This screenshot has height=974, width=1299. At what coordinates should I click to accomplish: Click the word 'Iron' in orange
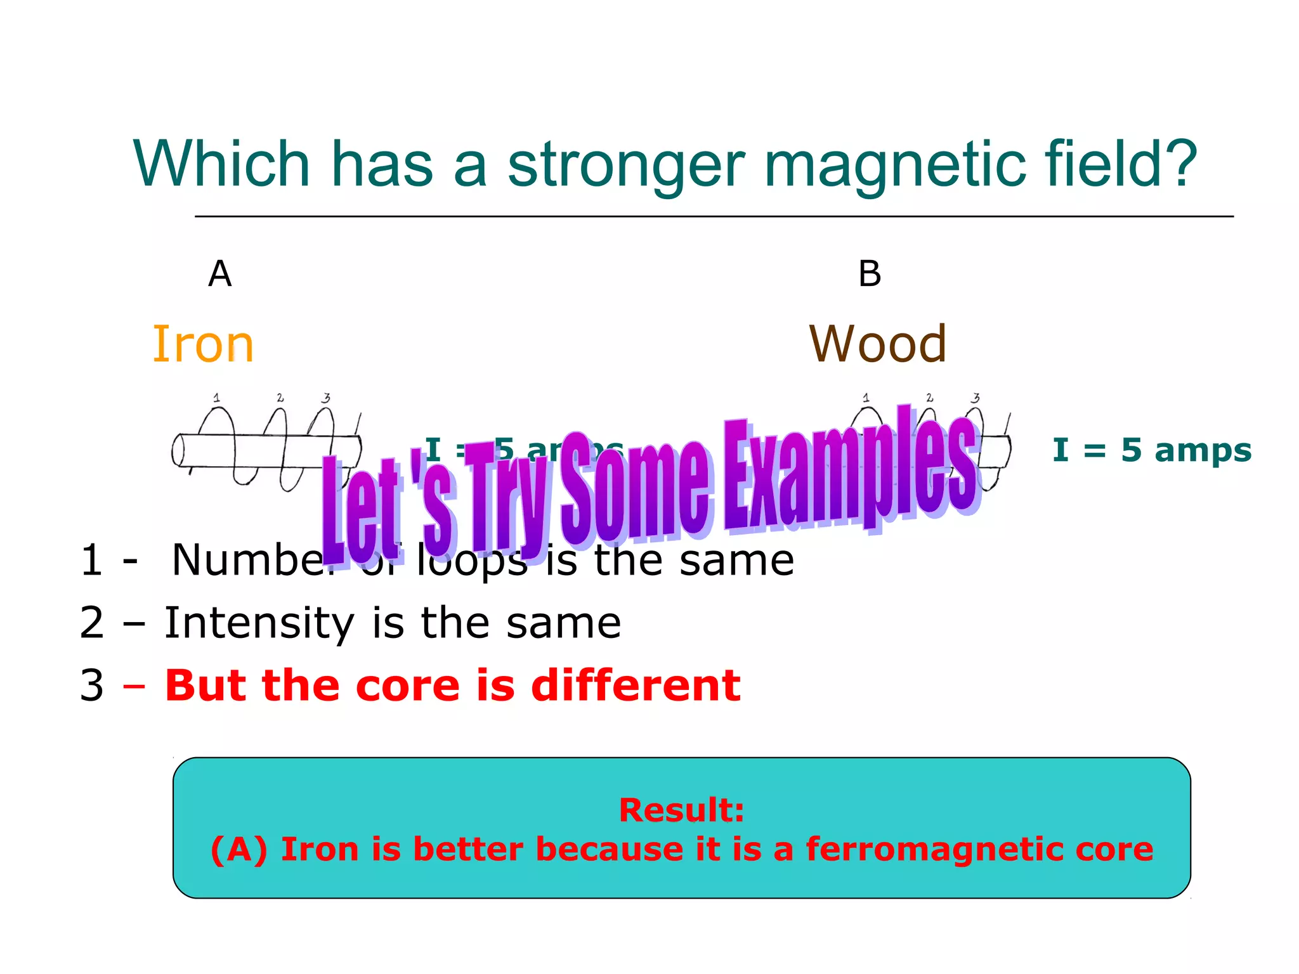(203, 344)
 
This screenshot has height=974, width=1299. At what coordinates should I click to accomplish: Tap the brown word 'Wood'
(878, 344)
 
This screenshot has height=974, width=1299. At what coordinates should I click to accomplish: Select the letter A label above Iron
(220, 274)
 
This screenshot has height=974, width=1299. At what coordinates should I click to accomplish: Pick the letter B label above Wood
(870, 274)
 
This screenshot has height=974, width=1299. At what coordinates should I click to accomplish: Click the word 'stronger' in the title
(626, 165)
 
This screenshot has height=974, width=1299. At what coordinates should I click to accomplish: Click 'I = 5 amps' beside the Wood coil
(1152, 450)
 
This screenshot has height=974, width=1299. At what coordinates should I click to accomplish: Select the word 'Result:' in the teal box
(681, 810)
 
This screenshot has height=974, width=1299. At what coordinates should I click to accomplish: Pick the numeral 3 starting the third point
(92, 685)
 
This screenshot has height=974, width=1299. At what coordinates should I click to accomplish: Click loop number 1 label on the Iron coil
(217, 398)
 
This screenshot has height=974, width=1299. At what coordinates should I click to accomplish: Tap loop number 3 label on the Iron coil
(326, 398)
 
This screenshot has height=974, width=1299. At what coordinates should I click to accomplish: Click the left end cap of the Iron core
(178, 450)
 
